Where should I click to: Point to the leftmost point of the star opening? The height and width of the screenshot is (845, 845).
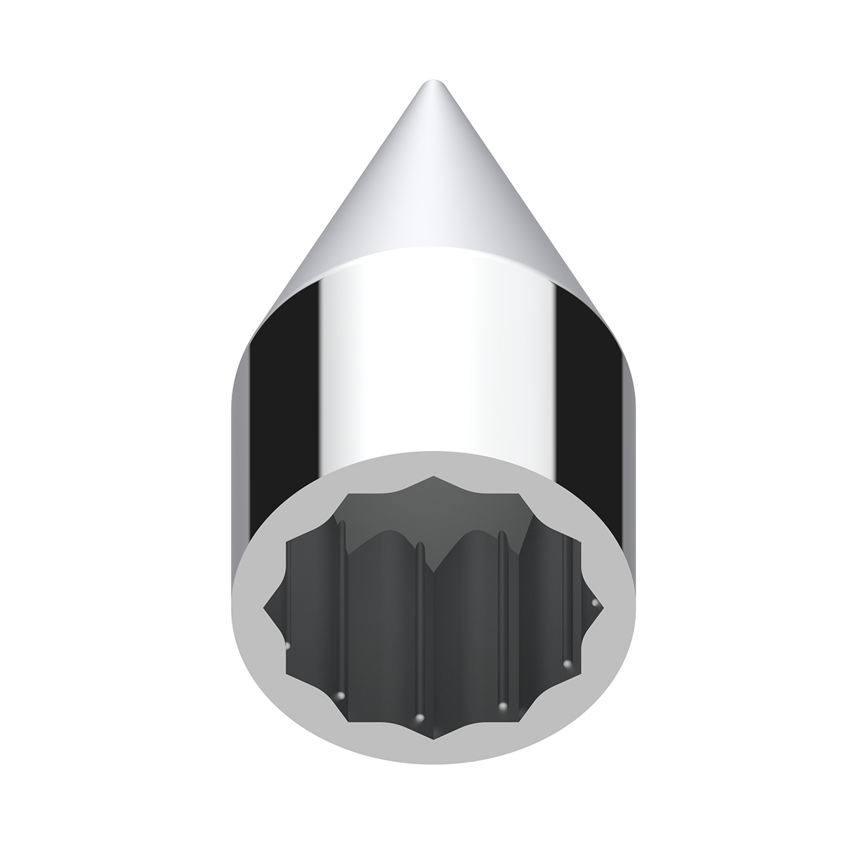tap(265, 605)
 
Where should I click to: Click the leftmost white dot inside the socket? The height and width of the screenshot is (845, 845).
tap(287, 645)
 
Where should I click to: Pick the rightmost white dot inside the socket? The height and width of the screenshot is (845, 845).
tap(596, 603)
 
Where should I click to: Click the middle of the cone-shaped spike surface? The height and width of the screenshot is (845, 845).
tap(430, 190)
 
